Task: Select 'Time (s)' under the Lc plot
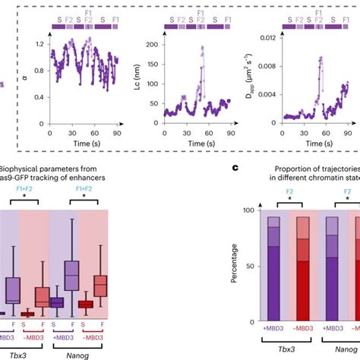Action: tap(185, 143)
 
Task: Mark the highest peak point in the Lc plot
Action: tap(203, 47)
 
